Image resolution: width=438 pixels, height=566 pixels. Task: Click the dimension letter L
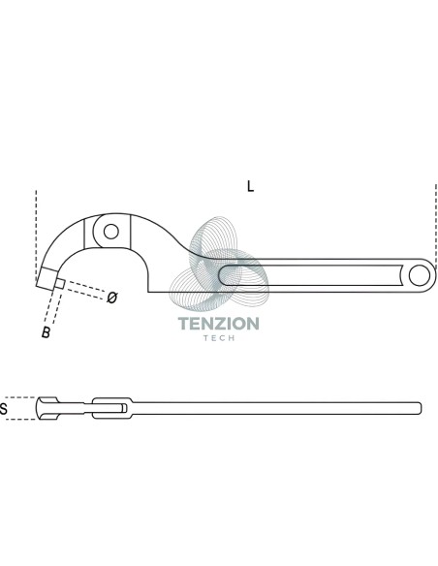250,186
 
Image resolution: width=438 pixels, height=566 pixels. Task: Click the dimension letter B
46,332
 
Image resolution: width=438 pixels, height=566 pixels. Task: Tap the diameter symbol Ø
112,298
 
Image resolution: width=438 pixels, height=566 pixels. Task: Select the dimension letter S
4,409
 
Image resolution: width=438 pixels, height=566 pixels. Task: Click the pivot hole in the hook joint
111,232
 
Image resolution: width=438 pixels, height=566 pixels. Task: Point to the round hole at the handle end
420,275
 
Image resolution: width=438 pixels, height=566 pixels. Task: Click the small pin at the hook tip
59,284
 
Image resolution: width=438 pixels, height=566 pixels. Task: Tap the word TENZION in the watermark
219,324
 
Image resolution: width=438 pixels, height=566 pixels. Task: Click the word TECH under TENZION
219,338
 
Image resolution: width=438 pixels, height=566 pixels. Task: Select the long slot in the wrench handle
310,275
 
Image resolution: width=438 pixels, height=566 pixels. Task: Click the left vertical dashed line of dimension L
36,235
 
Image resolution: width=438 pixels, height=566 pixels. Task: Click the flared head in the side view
47,408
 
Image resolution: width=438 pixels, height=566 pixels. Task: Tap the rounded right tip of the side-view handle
419,408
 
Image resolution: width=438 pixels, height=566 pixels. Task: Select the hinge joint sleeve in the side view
112,408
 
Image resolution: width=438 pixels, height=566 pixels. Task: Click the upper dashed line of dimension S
20,397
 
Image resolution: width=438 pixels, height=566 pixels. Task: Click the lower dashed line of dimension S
20,420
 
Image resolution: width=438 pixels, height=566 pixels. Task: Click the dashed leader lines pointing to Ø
85,290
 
